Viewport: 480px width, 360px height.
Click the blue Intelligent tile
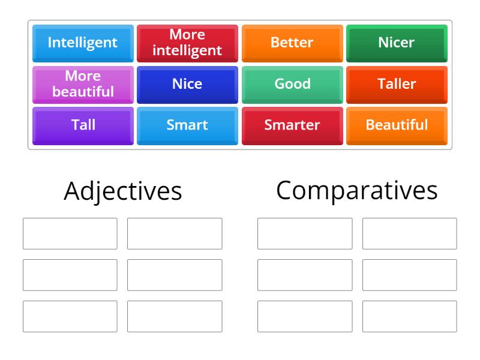click(83, 43)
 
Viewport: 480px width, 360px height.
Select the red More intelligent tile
click(187, 43)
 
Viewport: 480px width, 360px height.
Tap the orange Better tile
click(292, 43)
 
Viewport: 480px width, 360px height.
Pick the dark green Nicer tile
click(397, 43)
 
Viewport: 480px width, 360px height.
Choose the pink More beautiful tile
click(83, 84)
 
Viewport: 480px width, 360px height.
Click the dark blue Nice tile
click(187, 84)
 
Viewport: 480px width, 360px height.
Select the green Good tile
click(292, 84)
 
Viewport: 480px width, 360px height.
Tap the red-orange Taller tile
click(397, 84)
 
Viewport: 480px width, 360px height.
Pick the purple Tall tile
click(83, 125)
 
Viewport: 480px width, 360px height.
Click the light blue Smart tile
click(187, 125)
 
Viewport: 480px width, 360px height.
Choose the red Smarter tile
click(292, 125)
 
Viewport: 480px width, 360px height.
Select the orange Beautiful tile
click(397, 125)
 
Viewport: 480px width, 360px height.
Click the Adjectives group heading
click(122, 191)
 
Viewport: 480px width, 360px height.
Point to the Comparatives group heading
click(357, 190)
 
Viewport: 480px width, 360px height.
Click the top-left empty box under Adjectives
click(70, 233)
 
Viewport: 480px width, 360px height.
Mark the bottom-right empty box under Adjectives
click(175, 316)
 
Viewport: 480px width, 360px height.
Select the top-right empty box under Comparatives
click(409, 233)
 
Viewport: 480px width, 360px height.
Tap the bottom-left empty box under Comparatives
click(305, 316)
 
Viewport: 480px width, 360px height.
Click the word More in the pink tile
click(83, 76)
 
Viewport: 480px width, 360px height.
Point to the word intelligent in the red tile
click(187, 50)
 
